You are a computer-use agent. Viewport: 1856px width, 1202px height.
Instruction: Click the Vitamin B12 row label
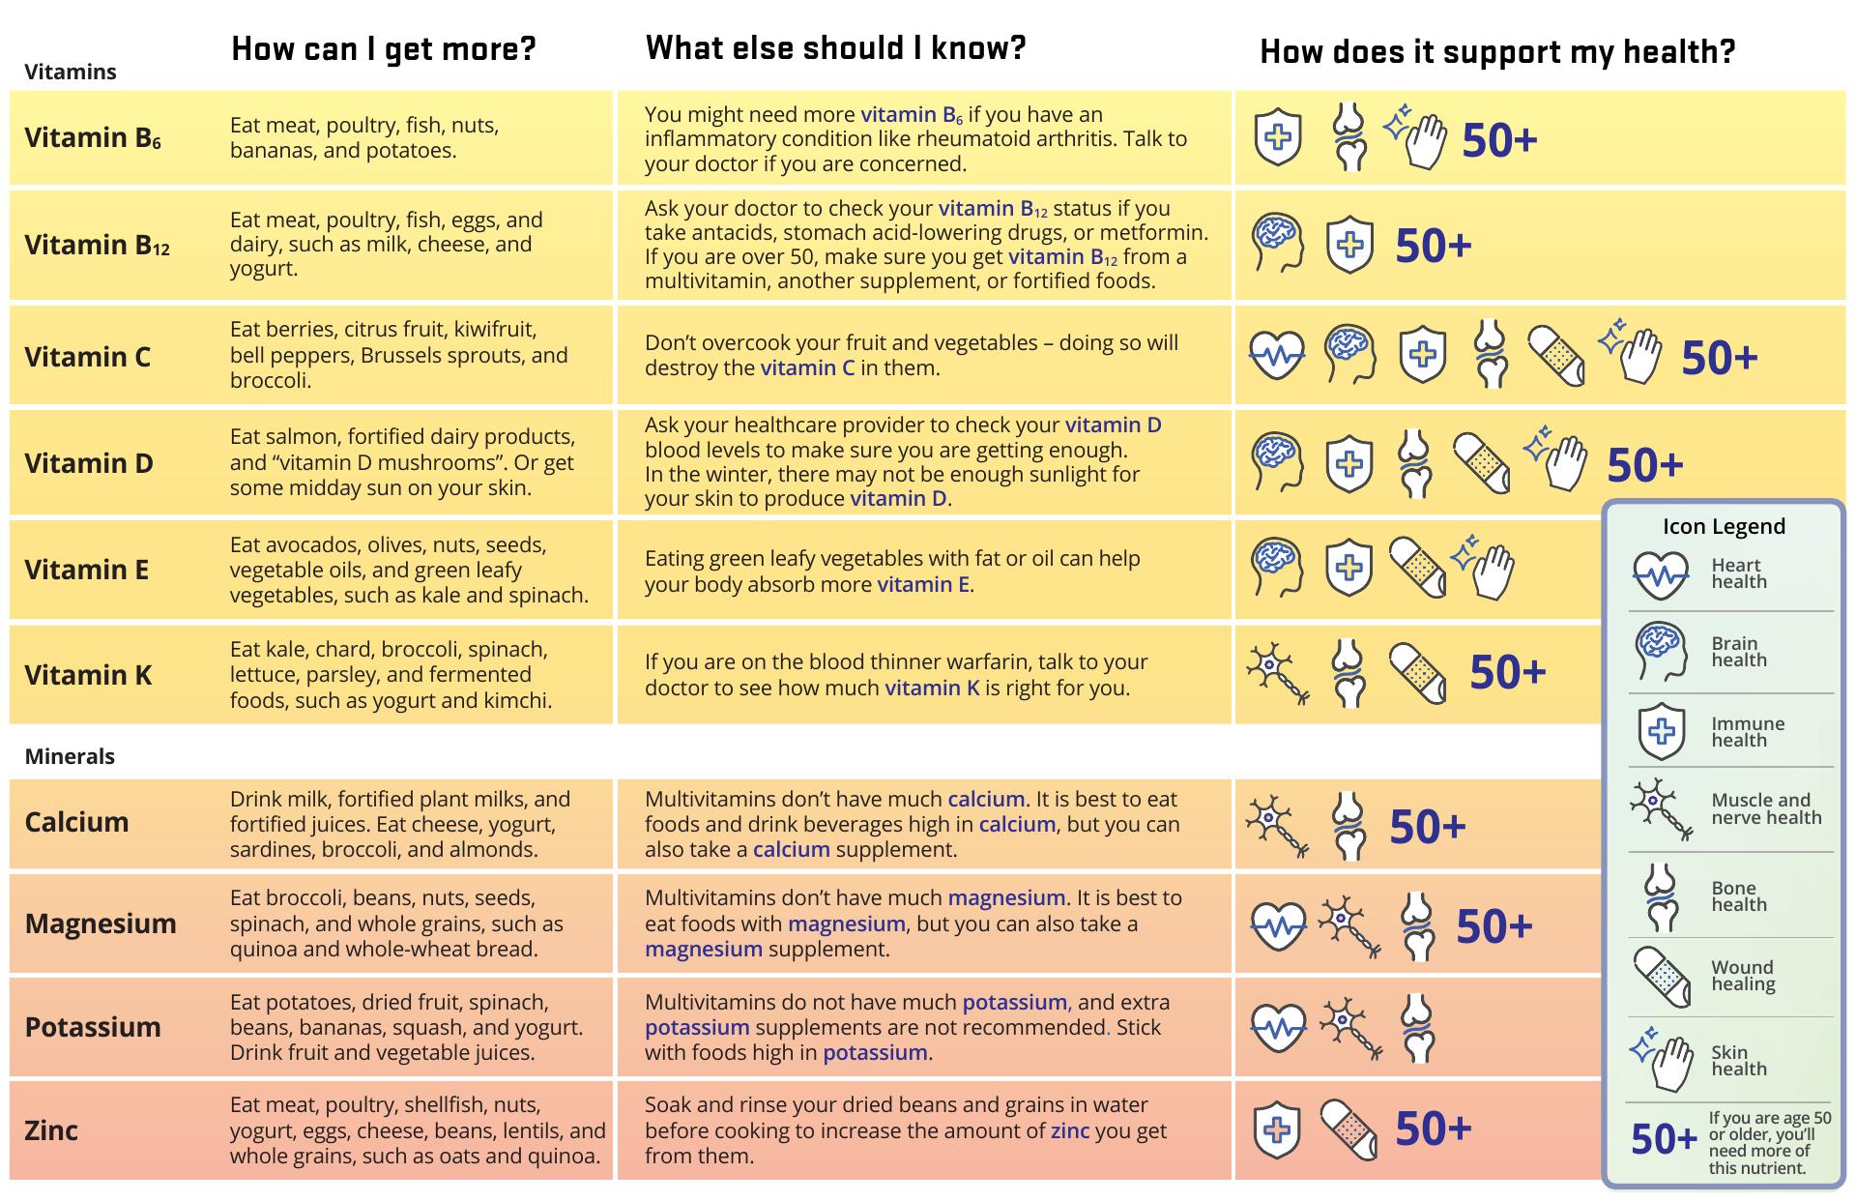pyautogui.click(x=97, y=245)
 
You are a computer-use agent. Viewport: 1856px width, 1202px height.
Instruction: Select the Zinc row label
pyautogui.click(x=51, y=1129)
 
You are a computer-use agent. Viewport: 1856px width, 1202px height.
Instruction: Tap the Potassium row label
pyautogui.click(x=93, y=1027)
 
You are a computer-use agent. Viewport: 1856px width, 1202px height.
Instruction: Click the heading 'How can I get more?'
pyautogui.click(x=383, y=49)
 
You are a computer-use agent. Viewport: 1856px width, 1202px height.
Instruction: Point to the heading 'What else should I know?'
pyautogui.click(x=835, y=47)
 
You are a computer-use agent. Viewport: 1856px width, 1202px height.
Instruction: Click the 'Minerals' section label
pyautogui.click(x=70, y=756)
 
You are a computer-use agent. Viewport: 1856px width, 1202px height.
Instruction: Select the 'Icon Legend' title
pyautogui.click(x=1724, y=526)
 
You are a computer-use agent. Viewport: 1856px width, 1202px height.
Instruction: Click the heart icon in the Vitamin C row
pyautogui.click(x=1276, y=356)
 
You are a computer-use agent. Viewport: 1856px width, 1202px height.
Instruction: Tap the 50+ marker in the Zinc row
pyautogui.click(x=1434, y=1129)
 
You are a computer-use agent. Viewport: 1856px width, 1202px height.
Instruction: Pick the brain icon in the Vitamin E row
pyautogui.click(x=1276, y=567)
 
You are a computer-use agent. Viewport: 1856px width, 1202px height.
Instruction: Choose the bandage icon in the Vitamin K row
pyautogui.click(x=1417, y=672)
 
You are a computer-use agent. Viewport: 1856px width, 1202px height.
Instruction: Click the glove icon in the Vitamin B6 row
pyautogui.click(x=1417, y=137)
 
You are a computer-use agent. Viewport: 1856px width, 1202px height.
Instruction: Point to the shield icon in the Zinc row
pyautogui.click(x=1276, y=1129)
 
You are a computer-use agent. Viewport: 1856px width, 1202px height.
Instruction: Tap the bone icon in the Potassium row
pyautogui.click(x=1417, y=1027)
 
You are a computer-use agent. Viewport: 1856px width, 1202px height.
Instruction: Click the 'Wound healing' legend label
pyautogui.click(x=1743, y=976)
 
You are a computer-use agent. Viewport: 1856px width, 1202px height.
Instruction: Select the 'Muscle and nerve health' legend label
pyautogui.click(x=1766, y=808)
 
